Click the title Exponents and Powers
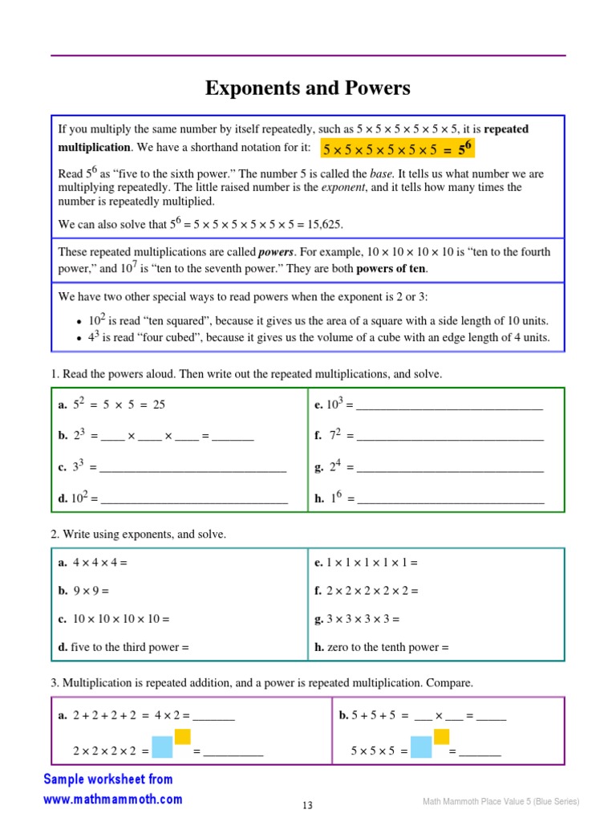point(308,88)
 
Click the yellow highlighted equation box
point(397,149)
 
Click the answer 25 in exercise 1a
point(159,405)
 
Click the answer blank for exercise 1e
point(449,405)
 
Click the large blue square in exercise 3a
point(162,747)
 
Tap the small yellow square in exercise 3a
point(183,736)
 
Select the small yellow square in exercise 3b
point(441,736)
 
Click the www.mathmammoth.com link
point(112,800)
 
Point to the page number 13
point(308,806)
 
